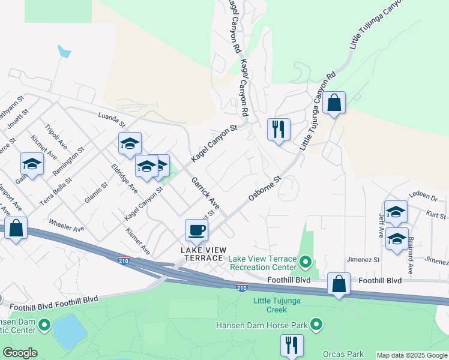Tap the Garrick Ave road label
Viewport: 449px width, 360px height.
pyautogui.click(x=205, y=193)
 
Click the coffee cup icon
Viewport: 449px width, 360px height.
pyautogui.click(x=197, y=229)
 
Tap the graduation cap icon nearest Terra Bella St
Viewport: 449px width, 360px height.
pyautogui.click(x=32, y=163)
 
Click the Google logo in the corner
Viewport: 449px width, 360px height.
pyautogui.click(x=19, y=353)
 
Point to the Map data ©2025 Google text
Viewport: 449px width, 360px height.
pyautogui.click(x=412, y=355)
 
